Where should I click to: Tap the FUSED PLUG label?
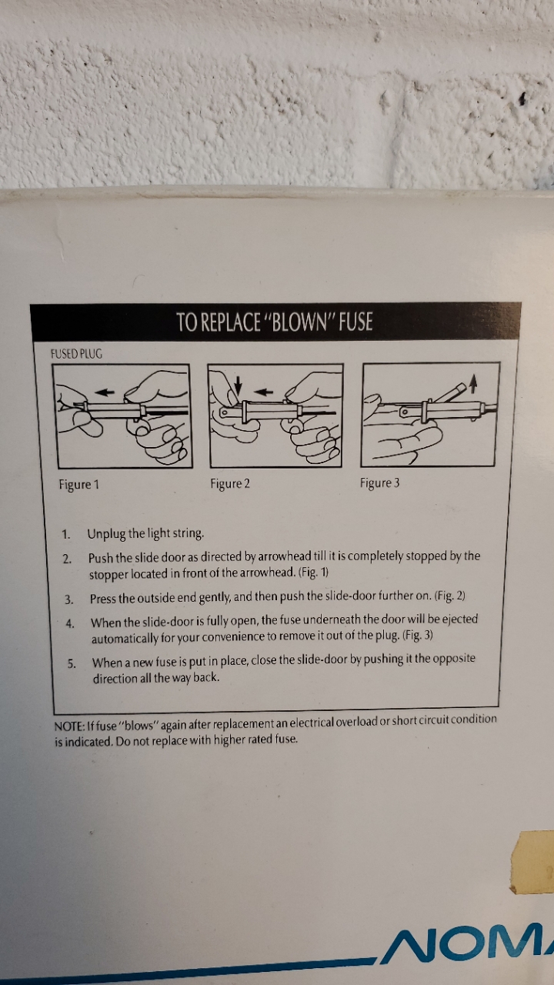point(76,354)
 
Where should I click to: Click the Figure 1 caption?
point(79,484)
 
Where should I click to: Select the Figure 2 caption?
point(230,483)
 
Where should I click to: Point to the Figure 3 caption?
point(380,482)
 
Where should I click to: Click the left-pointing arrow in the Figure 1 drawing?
point(105,392)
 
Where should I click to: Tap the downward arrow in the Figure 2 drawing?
point(239,386)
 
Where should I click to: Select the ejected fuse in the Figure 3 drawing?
point(449,392)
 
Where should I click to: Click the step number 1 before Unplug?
point(66,535)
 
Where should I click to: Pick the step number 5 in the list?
point(72,663)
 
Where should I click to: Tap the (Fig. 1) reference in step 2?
point(313,572)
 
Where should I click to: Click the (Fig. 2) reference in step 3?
point(449,596)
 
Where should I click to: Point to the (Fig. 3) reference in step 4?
point(418,635)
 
